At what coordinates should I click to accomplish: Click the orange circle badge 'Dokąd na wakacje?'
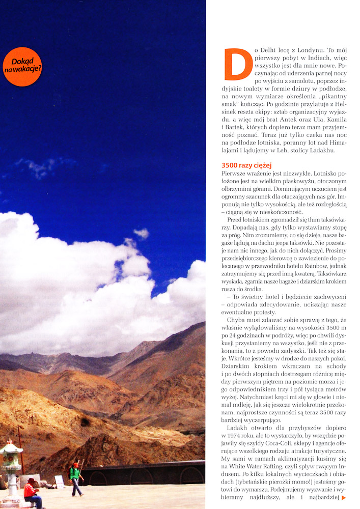coord(22,66)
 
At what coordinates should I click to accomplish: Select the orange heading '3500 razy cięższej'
coord(246,165)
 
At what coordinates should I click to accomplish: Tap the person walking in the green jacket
coord(75,478)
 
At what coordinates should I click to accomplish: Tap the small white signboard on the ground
coord(60,482)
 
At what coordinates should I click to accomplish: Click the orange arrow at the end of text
coord(344,497)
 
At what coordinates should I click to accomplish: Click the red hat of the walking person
coord(75,465)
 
